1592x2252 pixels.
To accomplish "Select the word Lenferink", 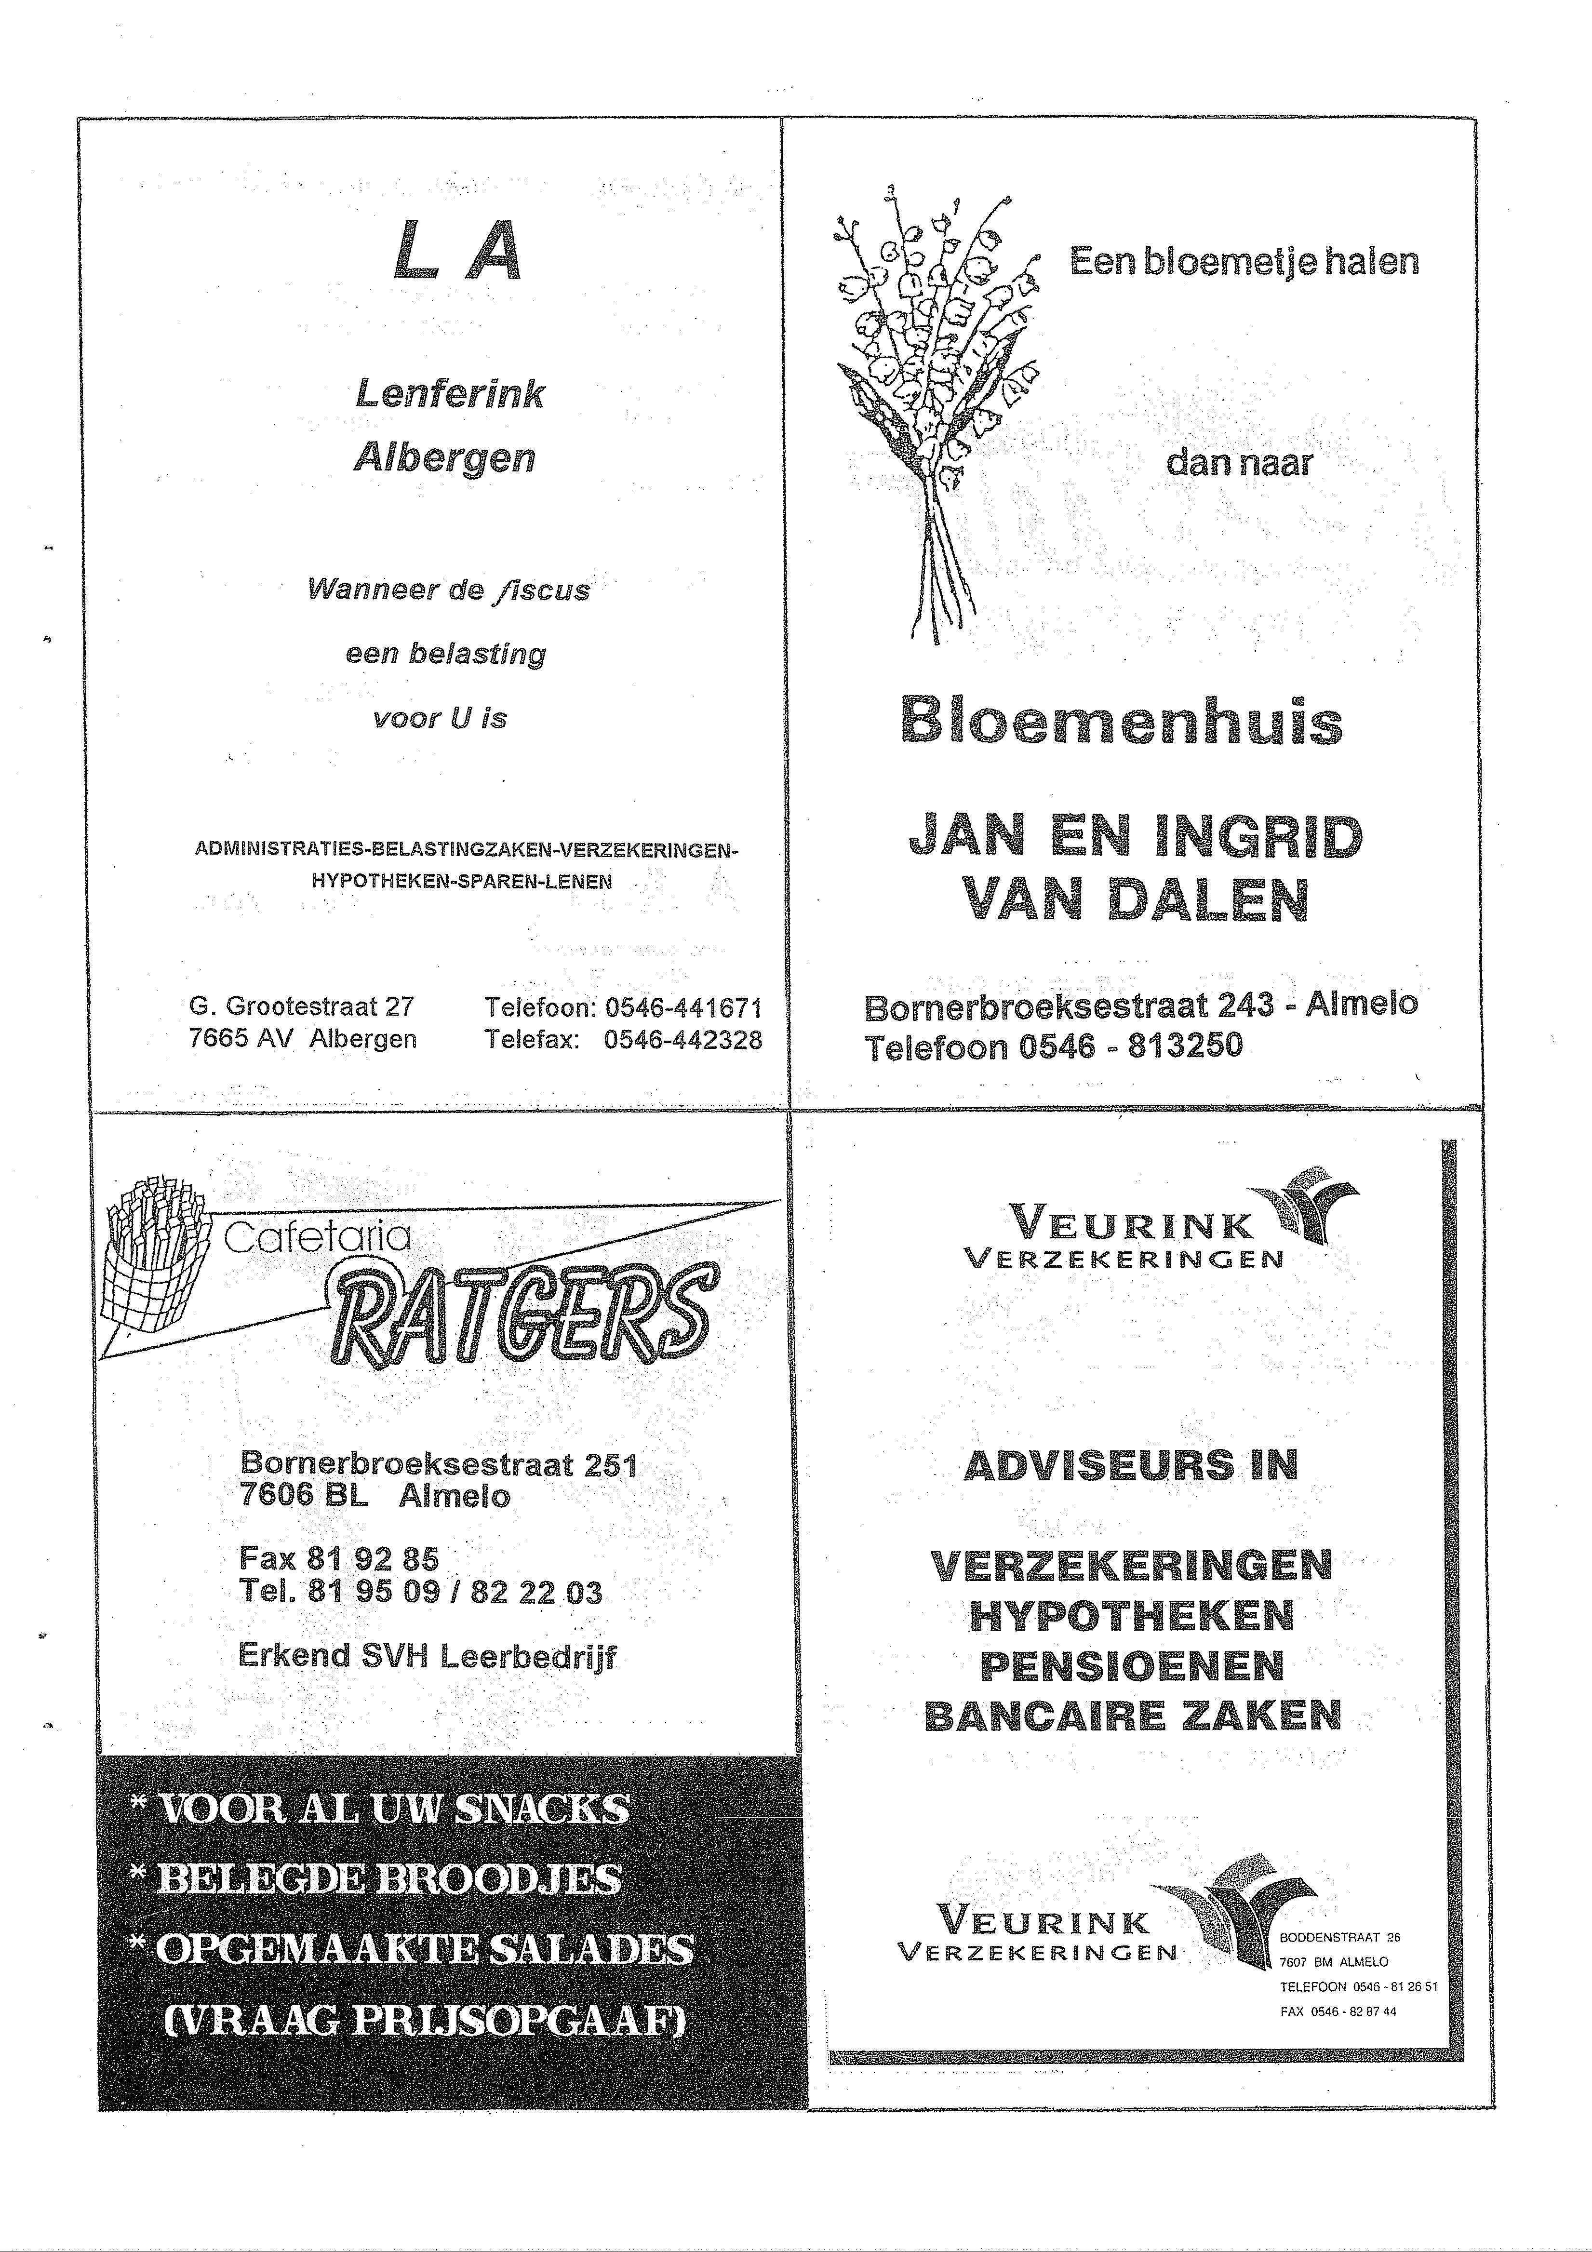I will tap(449, 394).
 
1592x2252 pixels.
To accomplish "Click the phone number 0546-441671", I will tap(682, 1007).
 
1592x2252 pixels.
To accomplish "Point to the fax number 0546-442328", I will tap(682, 1040).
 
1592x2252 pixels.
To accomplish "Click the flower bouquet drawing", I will tap(932, 402).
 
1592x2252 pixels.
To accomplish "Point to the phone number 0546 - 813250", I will tap(1130, 1046).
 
